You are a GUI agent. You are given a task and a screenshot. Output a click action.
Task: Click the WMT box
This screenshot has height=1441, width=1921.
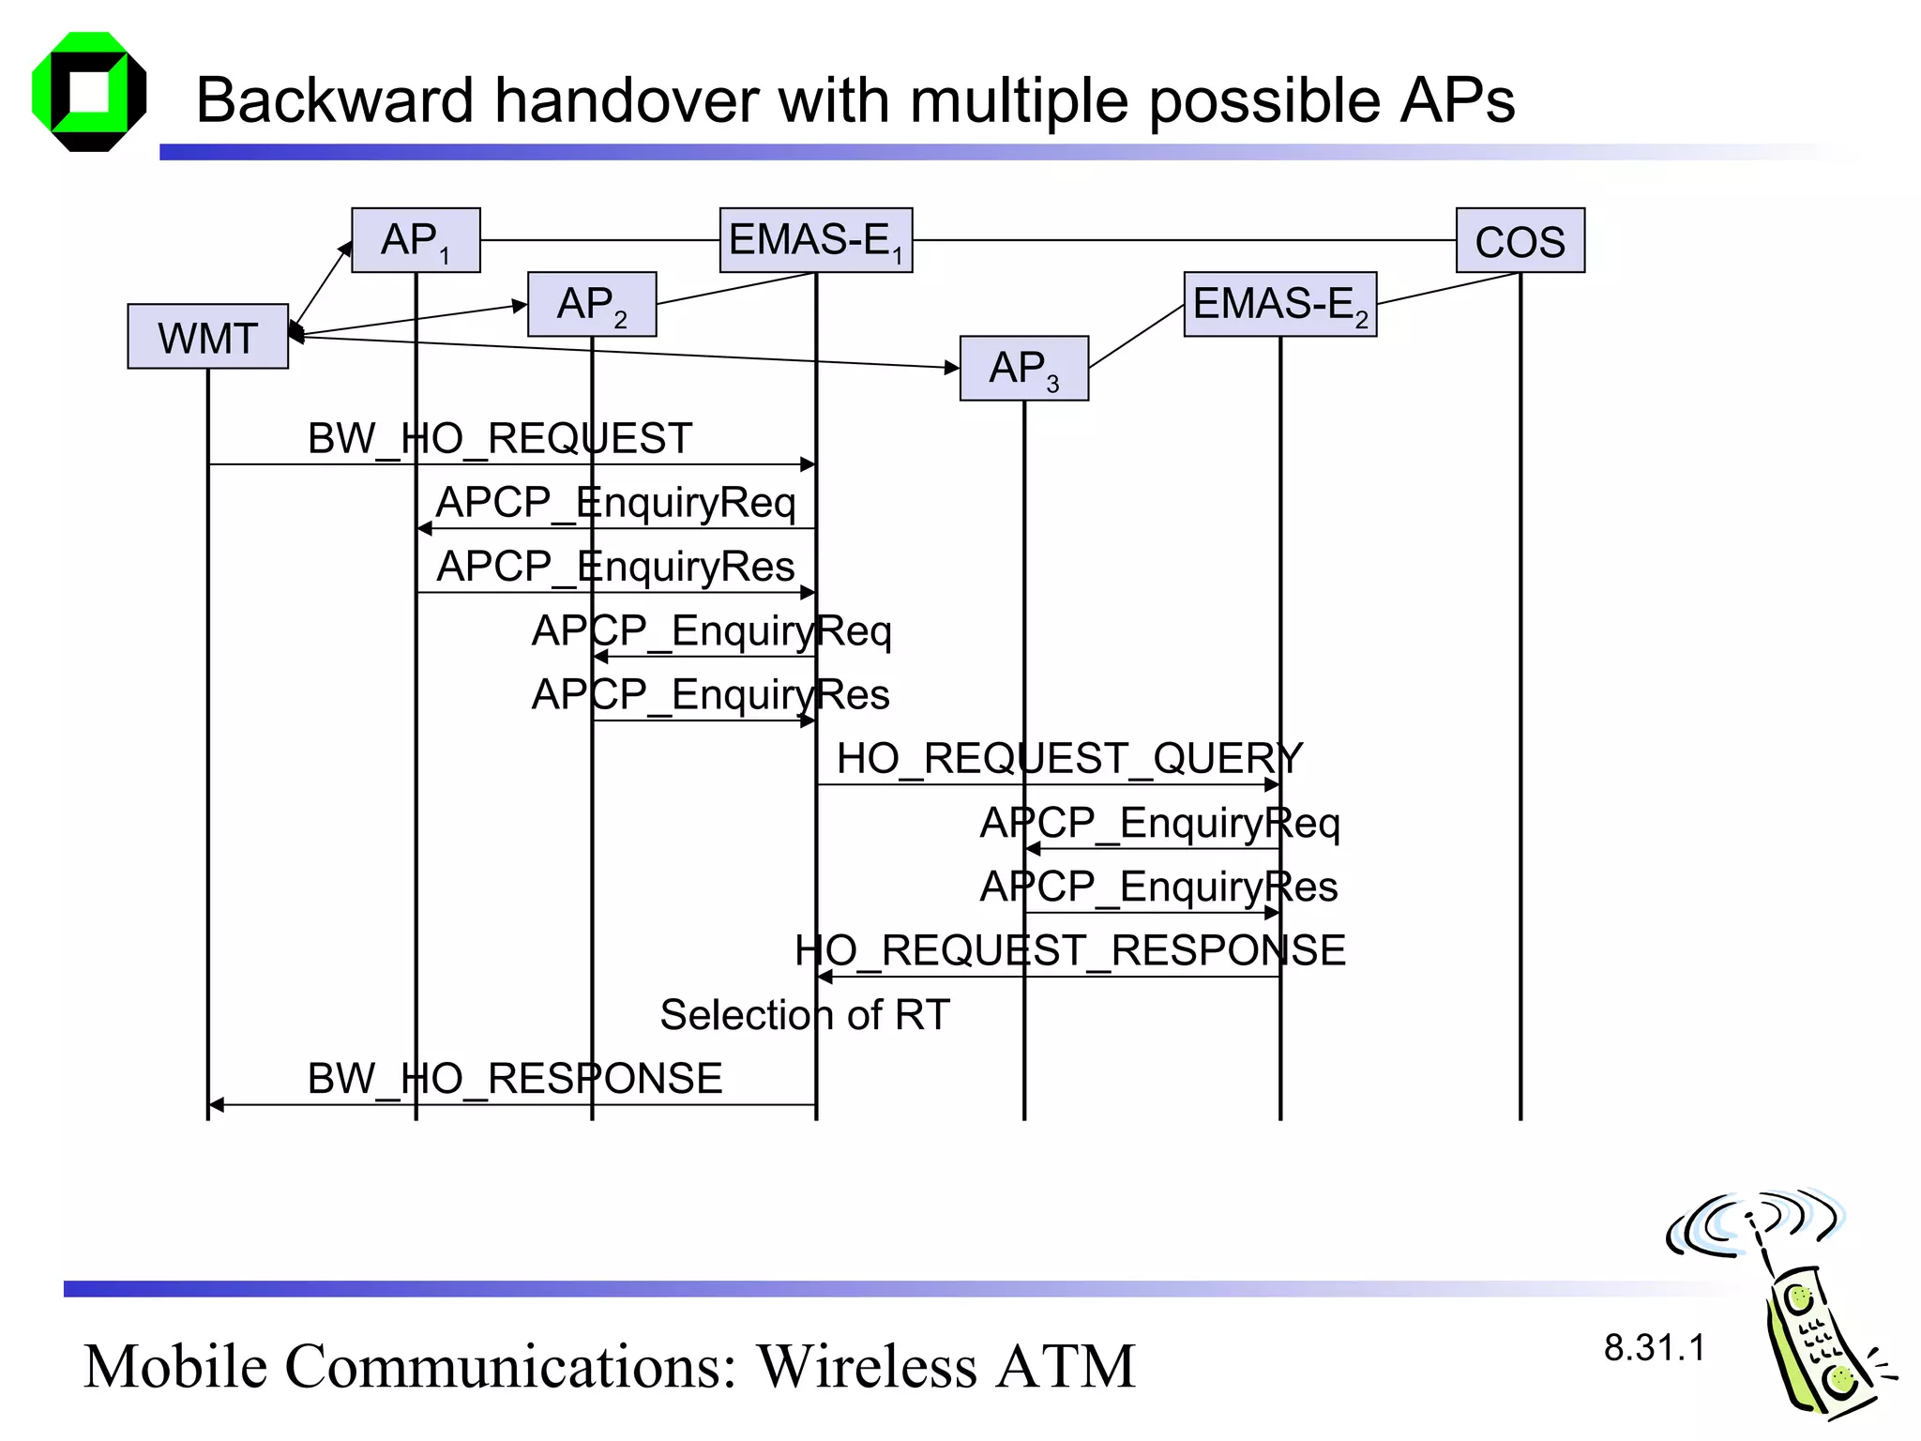[207, 336]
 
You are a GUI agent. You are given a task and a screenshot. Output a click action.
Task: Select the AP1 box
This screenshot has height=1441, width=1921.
[416, 240]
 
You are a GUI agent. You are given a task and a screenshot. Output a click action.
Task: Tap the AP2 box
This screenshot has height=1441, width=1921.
[592, 304]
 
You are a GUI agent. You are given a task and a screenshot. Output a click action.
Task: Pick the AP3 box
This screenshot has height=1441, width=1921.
[1023, 368]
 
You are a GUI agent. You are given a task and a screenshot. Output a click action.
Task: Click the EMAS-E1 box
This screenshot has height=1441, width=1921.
[815, 240]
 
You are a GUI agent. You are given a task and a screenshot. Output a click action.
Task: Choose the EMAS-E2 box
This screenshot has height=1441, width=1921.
[1279, 304]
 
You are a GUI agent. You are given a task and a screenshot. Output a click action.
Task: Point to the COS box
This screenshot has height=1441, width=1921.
[1520, 240]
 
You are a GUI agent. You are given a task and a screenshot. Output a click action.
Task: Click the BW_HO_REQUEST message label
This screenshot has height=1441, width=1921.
[500, 438]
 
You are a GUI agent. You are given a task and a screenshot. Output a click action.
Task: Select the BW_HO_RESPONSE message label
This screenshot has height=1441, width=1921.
[515, 1078]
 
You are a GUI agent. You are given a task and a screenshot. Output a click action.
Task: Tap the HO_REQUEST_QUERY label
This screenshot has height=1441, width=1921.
[1069, 758]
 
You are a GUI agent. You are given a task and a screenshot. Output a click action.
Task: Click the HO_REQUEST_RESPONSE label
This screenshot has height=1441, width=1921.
[1069, 950]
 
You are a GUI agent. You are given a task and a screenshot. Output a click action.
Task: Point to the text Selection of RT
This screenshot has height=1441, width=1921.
[805, 1014]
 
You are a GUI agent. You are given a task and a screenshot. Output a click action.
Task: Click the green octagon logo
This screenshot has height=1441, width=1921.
[89, 92]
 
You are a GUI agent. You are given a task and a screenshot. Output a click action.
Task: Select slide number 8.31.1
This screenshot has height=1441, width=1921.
[1654, 1347]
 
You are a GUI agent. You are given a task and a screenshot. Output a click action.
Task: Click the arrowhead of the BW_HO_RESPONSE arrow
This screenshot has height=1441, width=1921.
[216, 1105]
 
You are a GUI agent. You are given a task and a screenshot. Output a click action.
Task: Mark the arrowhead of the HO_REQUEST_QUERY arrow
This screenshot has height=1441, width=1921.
[1272, 784]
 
